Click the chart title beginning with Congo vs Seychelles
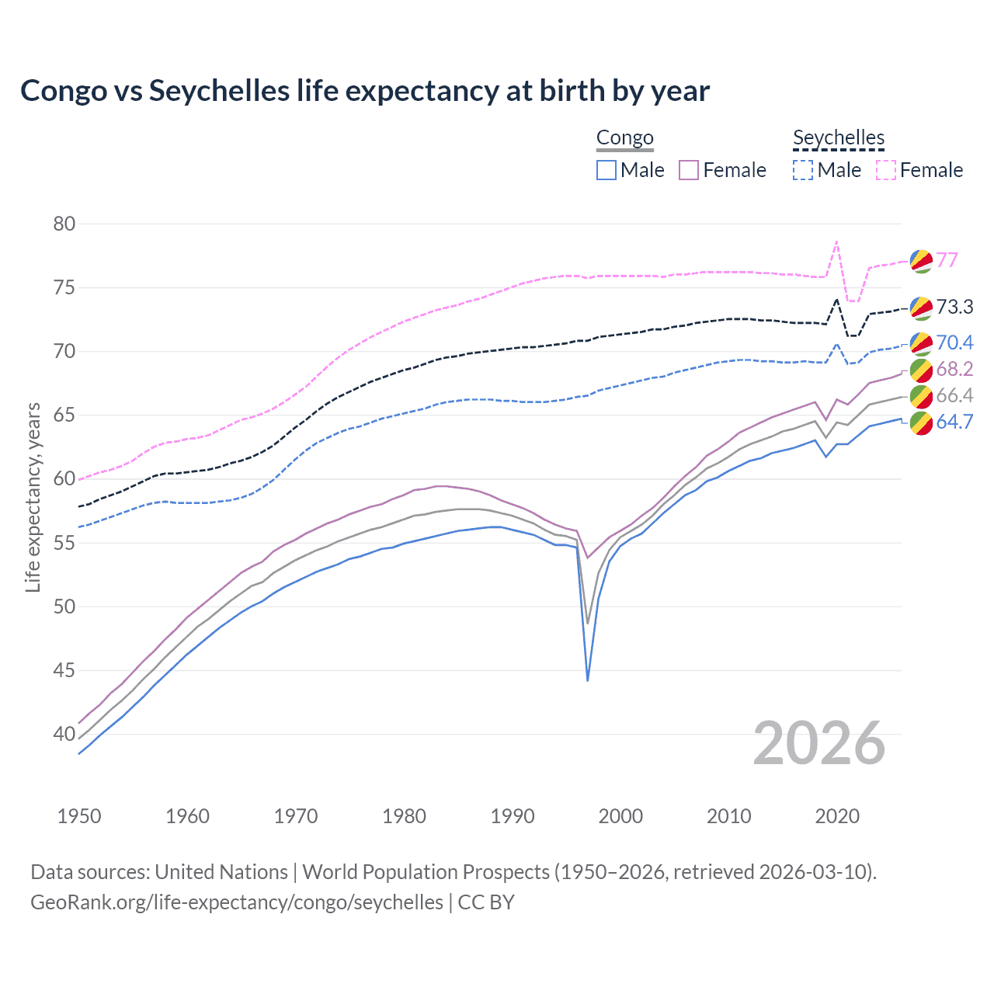(x=364, y=91)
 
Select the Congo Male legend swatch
(x=606, y=170)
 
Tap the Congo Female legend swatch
(x=689, y=170)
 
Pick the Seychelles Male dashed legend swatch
(x=803, y=170)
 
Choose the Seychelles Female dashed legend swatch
(x=886, y=170)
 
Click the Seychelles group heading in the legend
(x=838, y=138)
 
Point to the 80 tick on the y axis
(x=64, y=224)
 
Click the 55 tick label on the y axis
(x=64, y=543)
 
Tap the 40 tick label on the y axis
(x=64, y=734)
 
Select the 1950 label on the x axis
(x=79, y=816)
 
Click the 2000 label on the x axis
(x=620, y=816)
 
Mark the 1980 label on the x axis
(x=404, y=816)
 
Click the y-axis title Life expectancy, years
(x=33, y=497)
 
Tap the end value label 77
(x=947, y=260)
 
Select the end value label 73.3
(x=954, y=308)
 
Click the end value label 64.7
(x=954, y=422)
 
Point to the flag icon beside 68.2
(x=921, y=370)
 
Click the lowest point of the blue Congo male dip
(x=588, y=680)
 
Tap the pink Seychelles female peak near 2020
(x=836, y=242)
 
